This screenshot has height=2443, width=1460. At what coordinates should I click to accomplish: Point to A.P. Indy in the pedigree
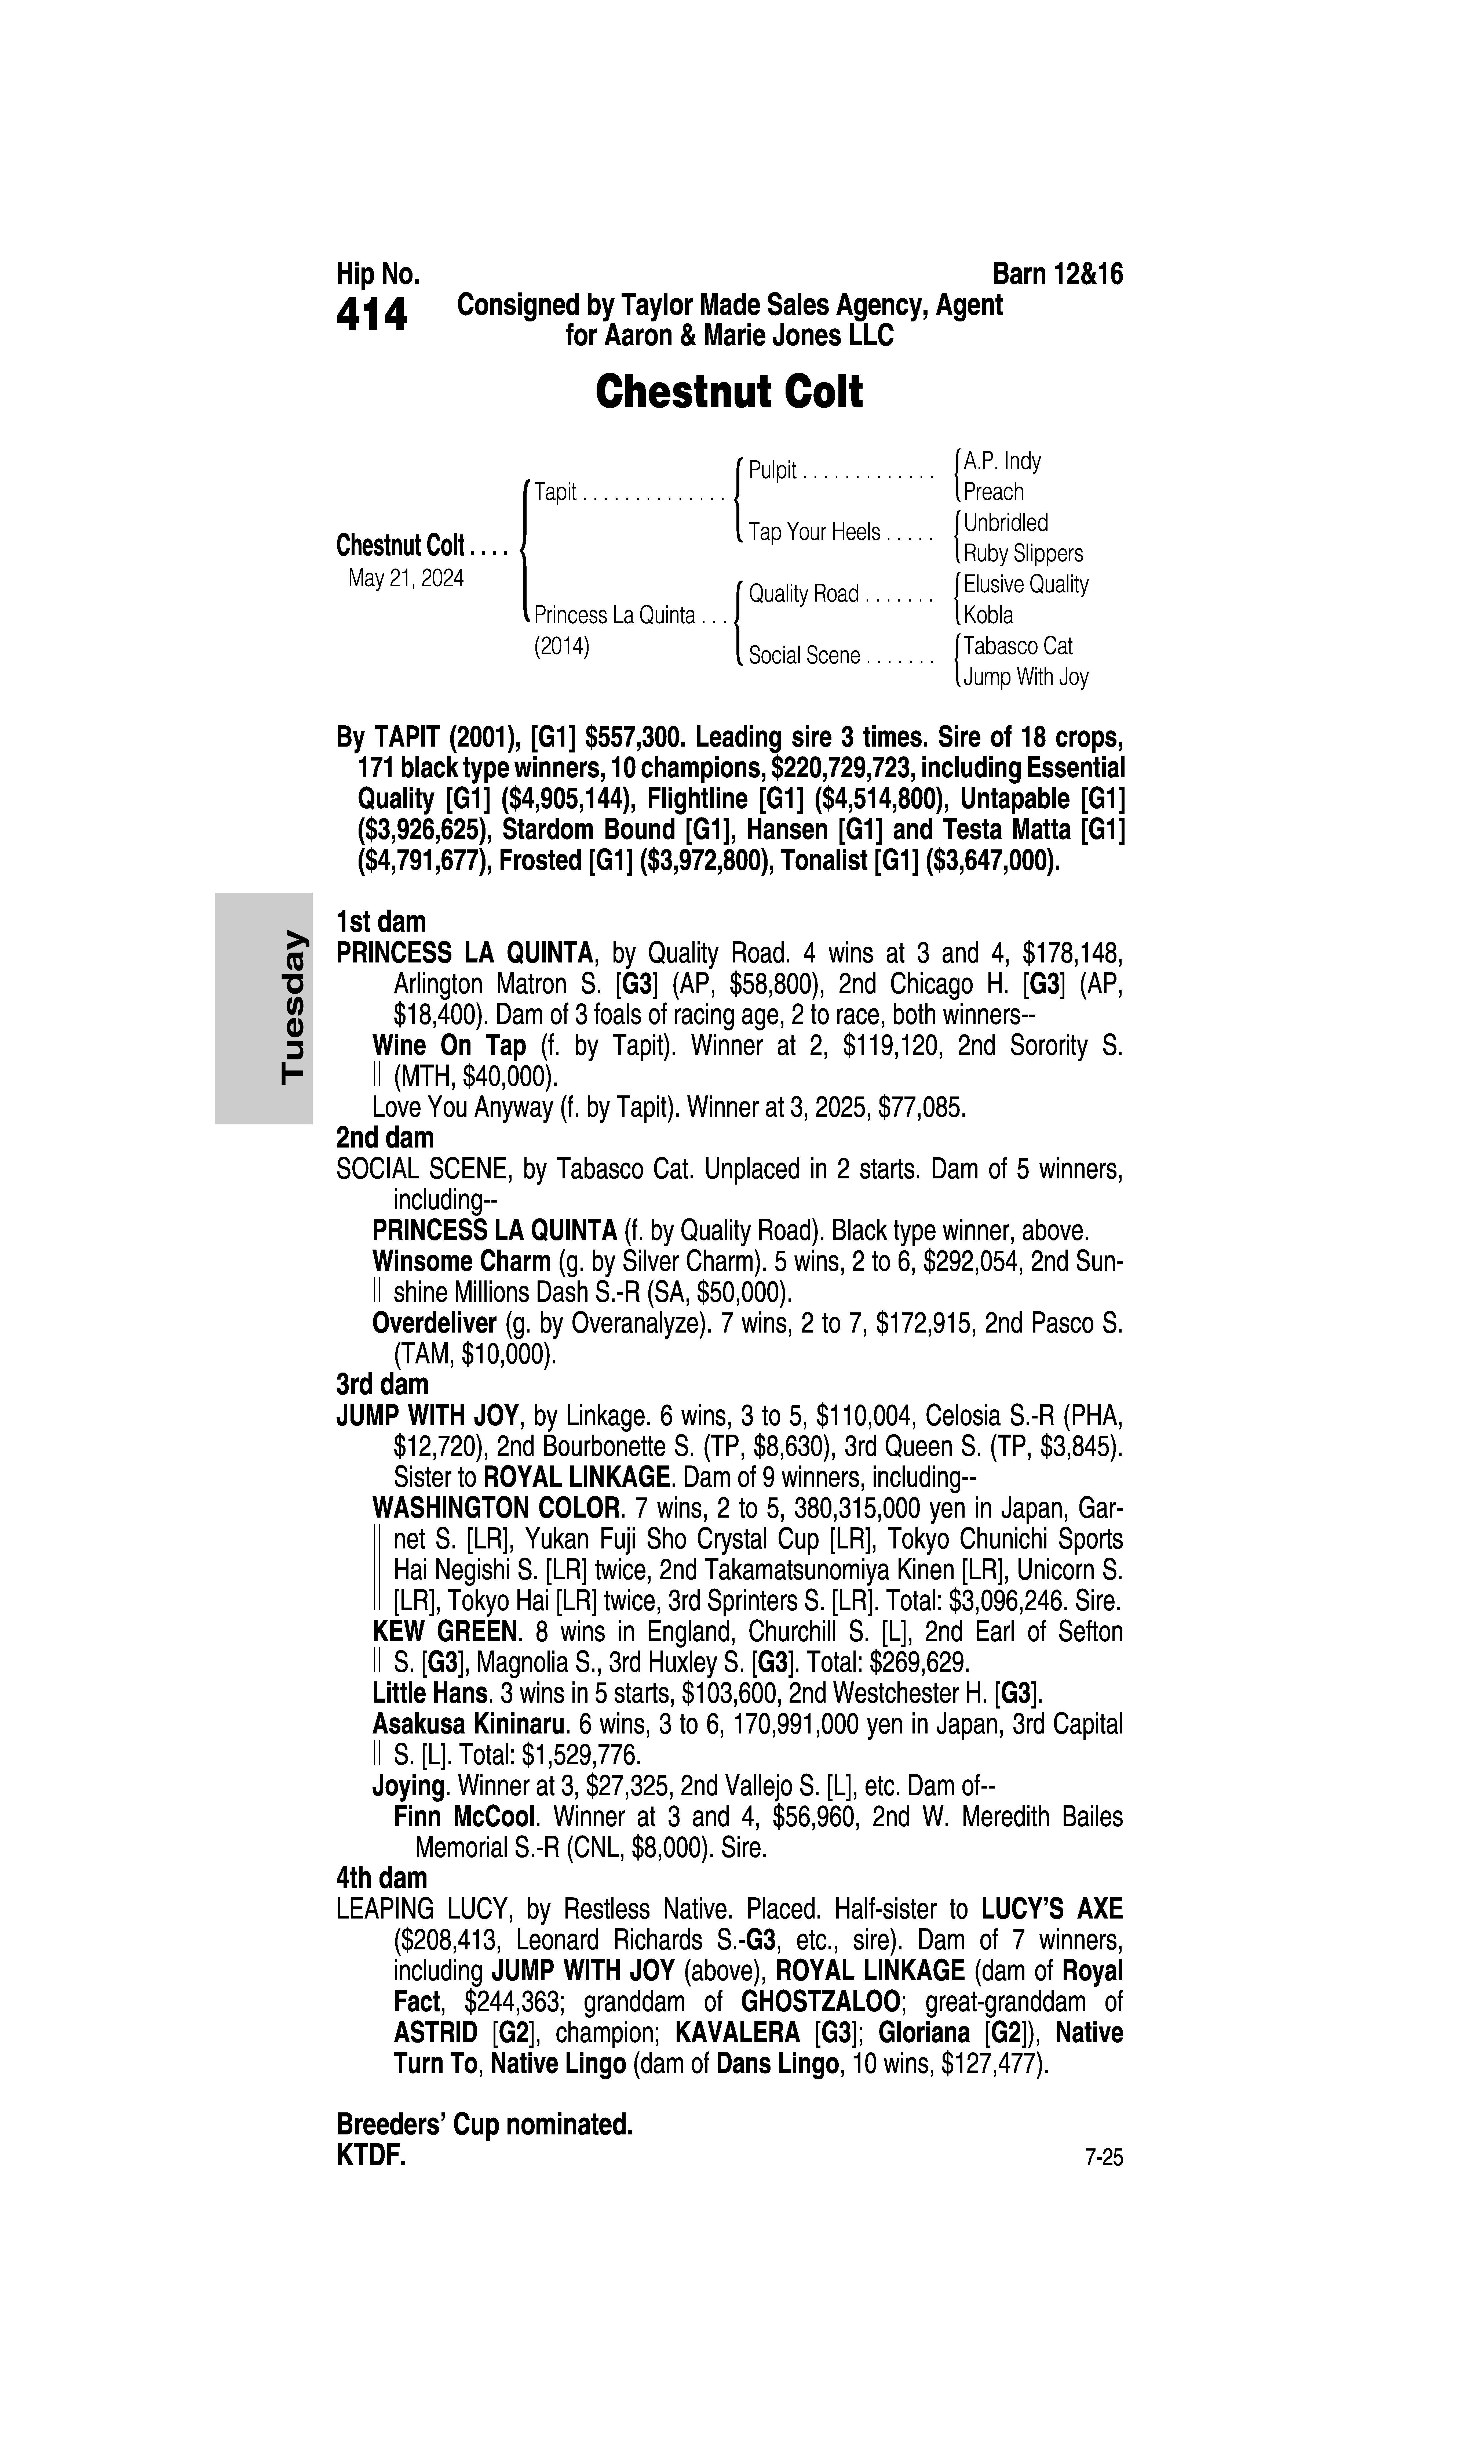point(1002,461)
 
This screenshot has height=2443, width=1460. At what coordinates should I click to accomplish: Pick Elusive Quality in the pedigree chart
point(1025,585)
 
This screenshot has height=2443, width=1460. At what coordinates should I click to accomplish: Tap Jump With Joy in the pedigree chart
point(1025,677)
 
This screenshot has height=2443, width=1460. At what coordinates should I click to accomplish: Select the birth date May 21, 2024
point(405,578)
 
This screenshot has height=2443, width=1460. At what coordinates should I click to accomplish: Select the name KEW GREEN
point(445,1632)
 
